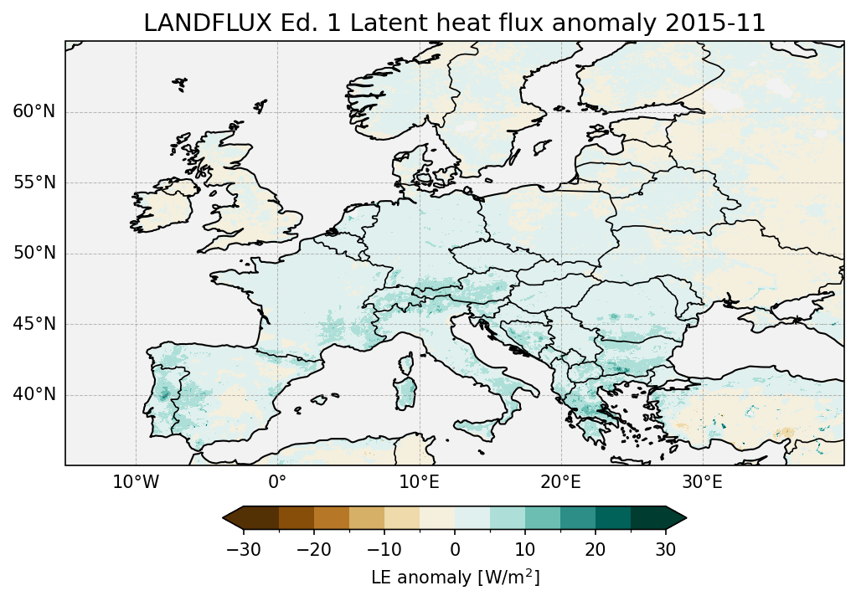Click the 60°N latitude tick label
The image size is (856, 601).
[x=34, y=112]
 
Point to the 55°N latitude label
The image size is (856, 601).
[x=34, y=182]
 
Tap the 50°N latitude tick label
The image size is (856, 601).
[x=34, y=254]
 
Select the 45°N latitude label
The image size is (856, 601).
[x=34, y=324]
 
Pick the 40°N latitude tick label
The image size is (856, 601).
[x=34, y=394]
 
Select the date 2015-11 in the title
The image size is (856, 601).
[x=723, y=23]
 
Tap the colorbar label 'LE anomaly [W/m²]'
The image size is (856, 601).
[x=455, y=578]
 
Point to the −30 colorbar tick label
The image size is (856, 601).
[x=243, y=549]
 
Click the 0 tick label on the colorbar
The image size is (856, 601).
[x=455, y=549]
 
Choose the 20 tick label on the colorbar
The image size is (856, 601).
[x=595, y=549]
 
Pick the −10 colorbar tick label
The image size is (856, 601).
[x=384, y=549]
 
